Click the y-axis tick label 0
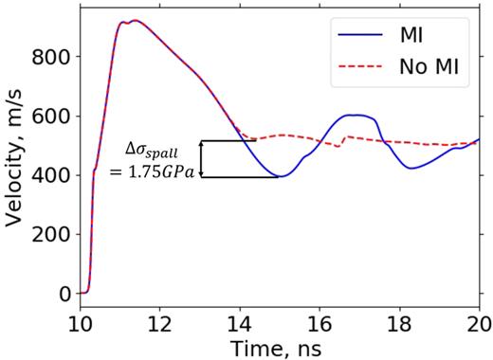[x=64, y=294]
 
